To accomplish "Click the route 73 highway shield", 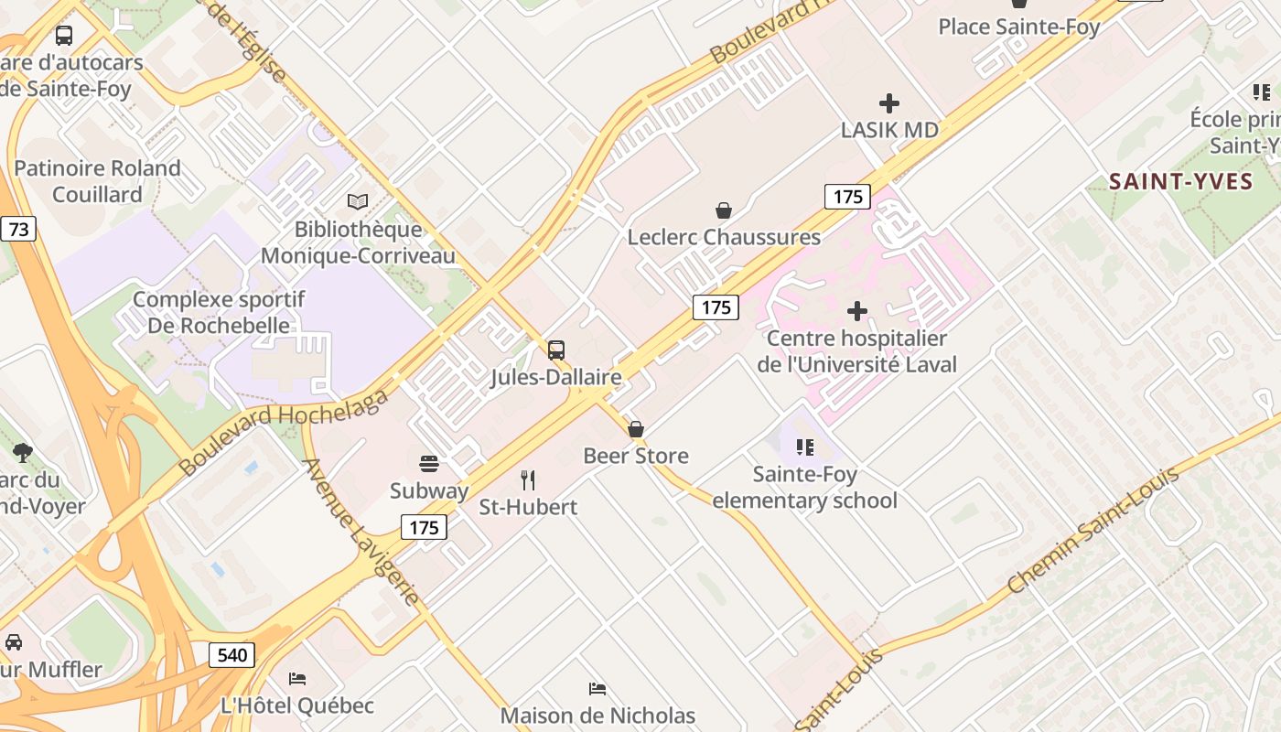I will coord(17,229).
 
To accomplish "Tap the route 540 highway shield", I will coord(232,655).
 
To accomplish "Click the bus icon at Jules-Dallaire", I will coord(555,350).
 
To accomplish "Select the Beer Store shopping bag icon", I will coord(636,429).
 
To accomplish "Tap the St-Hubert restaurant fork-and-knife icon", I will coord(528,480).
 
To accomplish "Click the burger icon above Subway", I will coord(429,464).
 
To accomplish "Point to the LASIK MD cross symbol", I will coord(888,103).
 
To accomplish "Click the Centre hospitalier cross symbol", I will coord(857,311).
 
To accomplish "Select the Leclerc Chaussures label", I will coord(723,237).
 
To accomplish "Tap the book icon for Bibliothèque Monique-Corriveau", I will coord(358,201).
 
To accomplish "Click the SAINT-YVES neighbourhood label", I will coord(1180,181).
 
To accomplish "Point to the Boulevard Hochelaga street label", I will coord(284,430).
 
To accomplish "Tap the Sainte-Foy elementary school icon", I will coord(805,447).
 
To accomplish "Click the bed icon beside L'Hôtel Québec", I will coord(297,679).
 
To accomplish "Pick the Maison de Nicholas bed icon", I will coord(597,688).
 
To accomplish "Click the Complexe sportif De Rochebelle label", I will coord(218,312).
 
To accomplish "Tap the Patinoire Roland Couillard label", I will coord(97,181).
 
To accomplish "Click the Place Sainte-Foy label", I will coord(1018,27).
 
